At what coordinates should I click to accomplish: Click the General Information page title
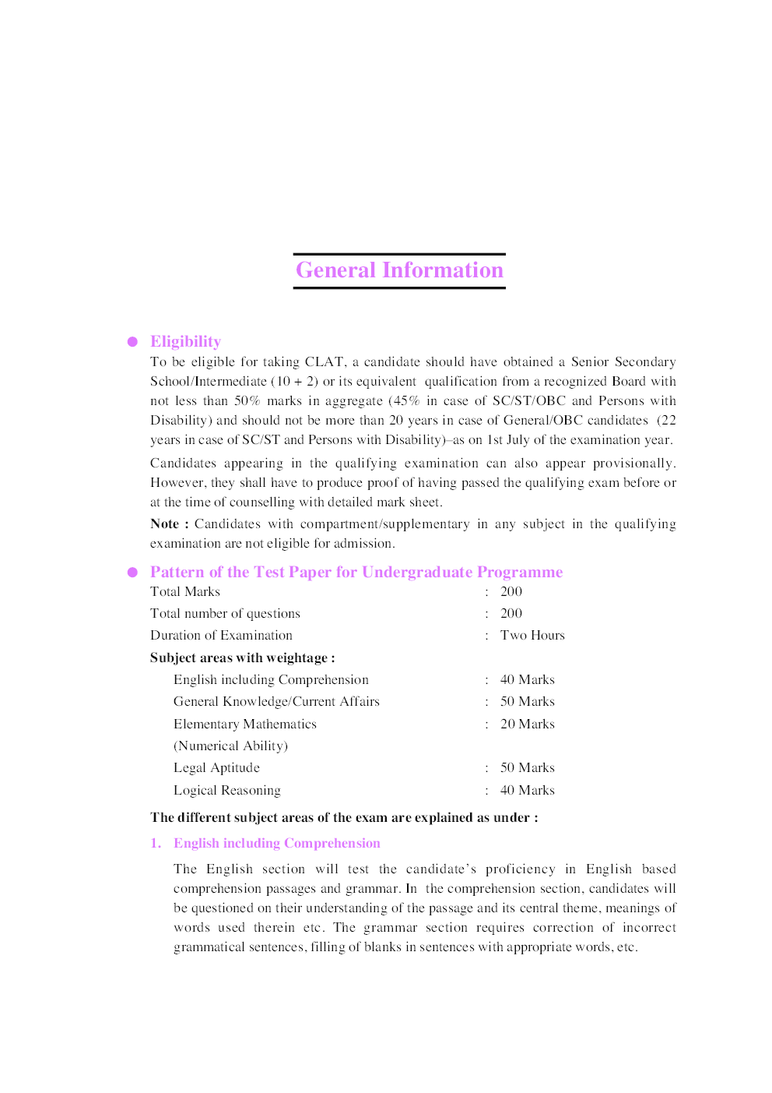pos(399,270)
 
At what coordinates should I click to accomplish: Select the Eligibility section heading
pos(185,341)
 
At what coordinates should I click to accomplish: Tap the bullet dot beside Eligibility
pos(132,341)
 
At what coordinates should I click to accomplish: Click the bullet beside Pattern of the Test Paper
pos(132,572)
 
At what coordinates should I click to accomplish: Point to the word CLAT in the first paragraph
pos(324,361)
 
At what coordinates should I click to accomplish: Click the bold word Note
pos(164,524)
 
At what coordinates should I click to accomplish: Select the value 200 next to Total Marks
pos(511,591)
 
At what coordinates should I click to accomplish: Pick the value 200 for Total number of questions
pos(511,613)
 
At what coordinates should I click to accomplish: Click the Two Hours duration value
pos(532,635)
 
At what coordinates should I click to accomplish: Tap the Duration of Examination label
pos(221,635)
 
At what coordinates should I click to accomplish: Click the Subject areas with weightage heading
pos(242,658)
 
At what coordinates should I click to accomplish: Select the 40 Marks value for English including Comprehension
pos(527,679)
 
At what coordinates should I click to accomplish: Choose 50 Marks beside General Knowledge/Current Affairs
pos(527,701)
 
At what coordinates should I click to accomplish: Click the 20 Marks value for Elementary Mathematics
pos(527,724)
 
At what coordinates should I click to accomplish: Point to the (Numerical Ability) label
pos(230,746)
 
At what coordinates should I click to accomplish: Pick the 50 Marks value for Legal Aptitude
pos(527,767)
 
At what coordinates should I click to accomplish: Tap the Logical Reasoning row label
pos(226,790)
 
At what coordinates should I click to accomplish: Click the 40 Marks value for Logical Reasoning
pos(527,790)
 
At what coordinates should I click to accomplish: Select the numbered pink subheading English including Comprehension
pos(276,843)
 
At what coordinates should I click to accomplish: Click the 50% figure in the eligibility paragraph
pos(247,400)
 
